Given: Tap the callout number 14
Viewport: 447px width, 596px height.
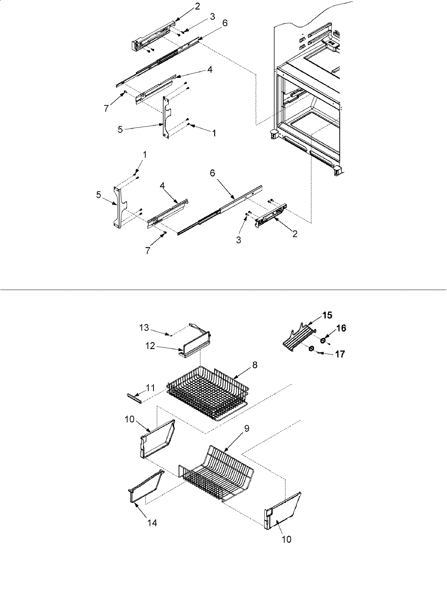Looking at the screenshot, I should tap(152, 523).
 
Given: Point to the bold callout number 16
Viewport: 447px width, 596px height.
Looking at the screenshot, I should tap(341, 328).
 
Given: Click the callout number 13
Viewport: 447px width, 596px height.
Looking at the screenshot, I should tap(144, 327).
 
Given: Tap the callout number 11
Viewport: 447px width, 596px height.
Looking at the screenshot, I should tap(150, 388).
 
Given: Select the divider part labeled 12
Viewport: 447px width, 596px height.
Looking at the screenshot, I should tap(196, 341).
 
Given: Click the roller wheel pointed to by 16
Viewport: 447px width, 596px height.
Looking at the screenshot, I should tap(323, 340).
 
